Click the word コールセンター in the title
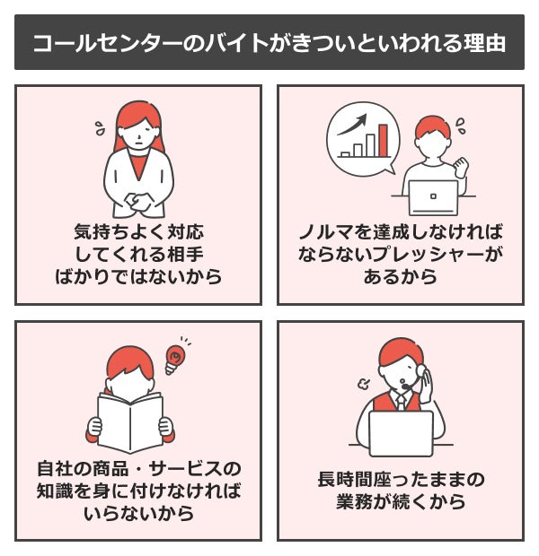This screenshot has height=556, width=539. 99,43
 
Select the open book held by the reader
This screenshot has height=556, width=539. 130,422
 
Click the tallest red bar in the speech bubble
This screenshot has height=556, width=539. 383,140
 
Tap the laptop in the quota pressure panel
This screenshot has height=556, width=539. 432,195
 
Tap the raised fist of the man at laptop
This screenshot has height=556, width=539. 461,165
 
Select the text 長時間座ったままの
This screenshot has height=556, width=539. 401,478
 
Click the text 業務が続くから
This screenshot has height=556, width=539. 401,501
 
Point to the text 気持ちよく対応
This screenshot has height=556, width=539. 138,231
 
